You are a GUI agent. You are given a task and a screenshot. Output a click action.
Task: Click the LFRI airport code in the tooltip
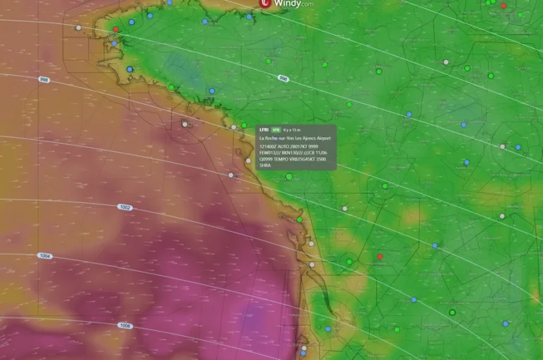tap(264, 131)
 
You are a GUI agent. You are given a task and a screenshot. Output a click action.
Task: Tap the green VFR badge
tap(277, 131)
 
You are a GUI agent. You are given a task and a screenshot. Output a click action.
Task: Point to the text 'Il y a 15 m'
tap(291, 131)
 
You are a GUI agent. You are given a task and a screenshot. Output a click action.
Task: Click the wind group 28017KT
tap(299, 146)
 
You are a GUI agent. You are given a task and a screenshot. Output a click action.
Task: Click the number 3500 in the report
tap(321, 159)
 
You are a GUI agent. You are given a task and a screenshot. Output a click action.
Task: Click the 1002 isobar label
tap(124, 207)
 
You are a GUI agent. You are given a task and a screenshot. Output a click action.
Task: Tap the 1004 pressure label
tap(45, 256)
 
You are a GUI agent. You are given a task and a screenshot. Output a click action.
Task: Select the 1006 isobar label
tap(124, 326)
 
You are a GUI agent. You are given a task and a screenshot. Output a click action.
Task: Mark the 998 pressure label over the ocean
tap(44, 79)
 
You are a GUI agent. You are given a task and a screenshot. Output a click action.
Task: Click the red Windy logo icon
tap(266, 4)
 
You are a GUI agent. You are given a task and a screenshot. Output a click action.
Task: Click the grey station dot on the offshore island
tap(185, 124)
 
